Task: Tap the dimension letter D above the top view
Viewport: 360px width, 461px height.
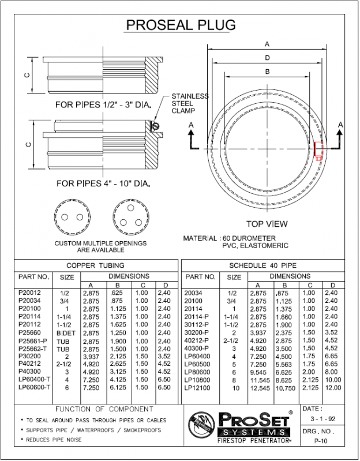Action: point(267,58)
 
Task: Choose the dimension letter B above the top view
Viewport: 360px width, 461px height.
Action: point(267,72)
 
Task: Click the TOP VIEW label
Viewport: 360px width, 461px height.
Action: point(267,224)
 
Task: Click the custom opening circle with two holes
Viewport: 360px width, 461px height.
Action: point(69,216)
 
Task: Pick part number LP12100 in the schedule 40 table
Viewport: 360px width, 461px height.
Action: point(197,389)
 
